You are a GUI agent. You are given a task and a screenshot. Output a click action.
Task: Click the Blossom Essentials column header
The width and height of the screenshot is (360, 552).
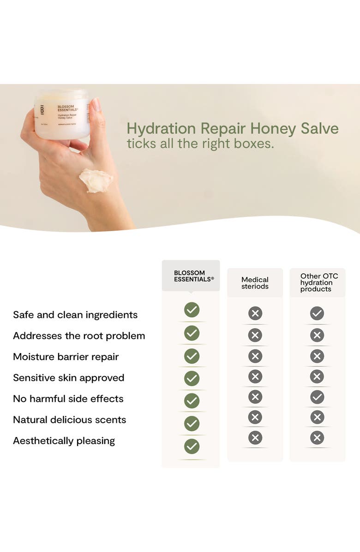click(x=191, y=276)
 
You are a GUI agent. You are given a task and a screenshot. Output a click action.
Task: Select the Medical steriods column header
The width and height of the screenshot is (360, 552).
click(x=255, y=283)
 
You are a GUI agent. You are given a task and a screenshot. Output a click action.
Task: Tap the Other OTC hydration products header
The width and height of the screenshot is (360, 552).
click(x=317, y=282)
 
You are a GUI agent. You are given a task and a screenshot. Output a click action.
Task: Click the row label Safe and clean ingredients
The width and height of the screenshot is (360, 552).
click(x=75, y=315)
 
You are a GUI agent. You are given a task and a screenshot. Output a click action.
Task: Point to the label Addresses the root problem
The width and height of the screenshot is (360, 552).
click(x=79, y=336)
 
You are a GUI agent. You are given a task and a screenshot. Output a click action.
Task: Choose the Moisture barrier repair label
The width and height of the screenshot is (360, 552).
click(x=66, y=357)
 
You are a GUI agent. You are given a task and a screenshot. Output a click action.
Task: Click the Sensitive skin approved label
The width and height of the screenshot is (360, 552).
click(x=68, y=378)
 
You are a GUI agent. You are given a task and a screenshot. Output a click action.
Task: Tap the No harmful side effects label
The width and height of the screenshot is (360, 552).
click(x=68, y=399)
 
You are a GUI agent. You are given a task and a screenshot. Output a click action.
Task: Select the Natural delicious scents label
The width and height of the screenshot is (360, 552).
click(x=70, y=420)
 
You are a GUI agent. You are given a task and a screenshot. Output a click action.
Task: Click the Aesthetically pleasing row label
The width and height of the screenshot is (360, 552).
click(x=64, y=441)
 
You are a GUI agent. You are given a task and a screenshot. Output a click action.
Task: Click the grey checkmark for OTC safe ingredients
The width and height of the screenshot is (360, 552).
click(x=317, y=314)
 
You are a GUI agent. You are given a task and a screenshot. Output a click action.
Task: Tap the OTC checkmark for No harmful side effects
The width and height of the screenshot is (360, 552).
click(x=317, y=397)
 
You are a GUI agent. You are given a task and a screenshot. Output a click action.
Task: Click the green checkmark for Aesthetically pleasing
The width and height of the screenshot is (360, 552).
click(x=192, y=446)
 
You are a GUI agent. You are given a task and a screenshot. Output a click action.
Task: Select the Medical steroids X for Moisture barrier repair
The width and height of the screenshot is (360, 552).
click(x=255, y=356)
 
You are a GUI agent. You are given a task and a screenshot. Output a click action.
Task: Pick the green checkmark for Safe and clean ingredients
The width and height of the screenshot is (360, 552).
click(x=192, y=310)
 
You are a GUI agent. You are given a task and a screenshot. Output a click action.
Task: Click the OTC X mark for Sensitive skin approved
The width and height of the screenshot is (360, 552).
click(x=317, y=377)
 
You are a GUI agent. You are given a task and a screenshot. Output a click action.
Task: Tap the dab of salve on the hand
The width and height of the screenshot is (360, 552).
click(x=96, y=180)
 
